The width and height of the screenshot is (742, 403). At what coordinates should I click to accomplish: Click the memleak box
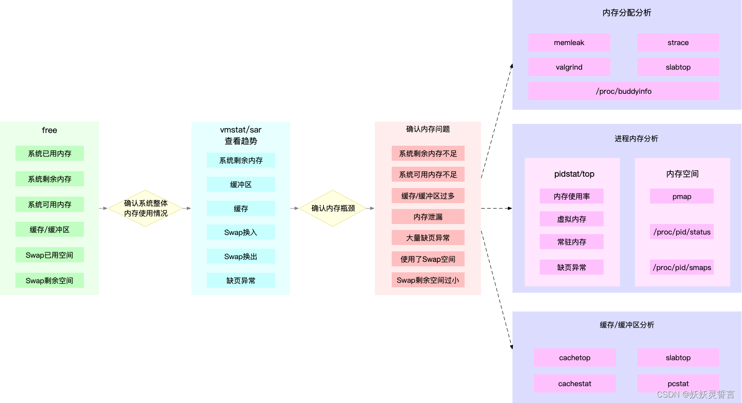569,42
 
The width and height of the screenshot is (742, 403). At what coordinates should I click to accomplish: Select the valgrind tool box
569,67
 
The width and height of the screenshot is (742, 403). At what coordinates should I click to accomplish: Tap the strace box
678,42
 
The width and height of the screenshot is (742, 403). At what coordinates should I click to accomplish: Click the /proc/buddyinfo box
624,91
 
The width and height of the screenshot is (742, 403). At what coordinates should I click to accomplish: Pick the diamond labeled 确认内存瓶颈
333,208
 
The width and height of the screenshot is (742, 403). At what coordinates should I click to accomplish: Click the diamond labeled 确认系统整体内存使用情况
146,208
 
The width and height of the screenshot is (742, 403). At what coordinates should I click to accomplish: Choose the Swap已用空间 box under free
49,255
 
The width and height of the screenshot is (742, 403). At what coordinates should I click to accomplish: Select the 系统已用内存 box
49,153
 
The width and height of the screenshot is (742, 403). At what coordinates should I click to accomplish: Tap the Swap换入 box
241,232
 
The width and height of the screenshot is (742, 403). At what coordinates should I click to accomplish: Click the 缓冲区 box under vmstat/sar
241,184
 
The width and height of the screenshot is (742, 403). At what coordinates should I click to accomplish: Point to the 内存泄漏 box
428,217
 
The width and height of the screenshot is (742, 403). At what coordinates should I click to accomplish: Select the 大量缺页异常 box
428,238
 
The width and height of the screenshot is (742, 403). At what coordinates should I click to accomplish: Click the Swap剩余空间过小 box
428,280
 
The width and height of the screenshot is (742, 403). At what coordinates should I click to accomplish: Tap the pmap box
681,196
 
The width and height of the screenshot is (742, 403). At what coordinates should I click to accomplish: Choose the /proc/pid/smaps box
682,267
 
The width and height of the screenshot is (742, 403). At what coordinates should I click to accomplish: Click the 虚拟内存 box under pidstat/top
572,219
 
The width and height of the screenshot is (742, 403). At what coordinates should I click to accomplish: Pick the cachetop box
574,357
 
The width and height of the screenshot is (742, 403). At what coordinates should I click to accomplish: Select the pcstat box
678,383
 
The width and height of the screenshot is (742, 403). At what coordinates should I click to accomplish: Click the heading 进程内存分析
636,138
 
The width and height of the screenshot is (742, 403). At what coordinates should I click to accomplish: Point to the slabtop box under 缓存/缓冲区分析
678,357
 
